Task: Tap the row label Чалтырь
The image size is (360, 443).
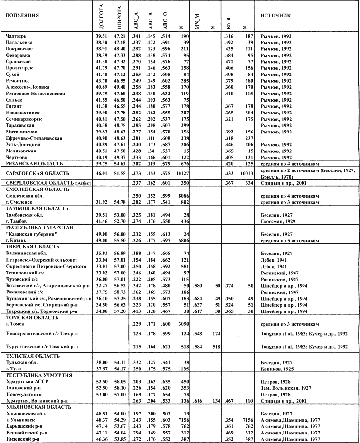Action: (x=17, y=36)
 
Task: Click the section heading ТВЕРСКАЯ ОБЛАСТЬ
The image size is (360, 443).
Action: (x=32, y=247)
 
